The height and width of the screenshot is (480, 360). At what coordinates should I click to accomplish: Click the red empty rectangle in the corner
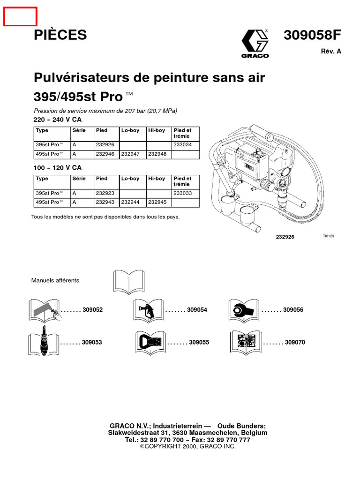(21, 17)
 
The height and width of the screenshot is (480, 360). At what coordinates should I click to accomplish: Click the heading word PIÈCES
(60, 35)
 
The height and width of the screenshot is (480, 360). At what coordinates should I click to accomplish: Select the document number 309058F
(312, 36)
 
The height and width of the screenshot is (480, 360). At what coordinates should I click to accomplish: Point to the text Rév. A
(331, 52)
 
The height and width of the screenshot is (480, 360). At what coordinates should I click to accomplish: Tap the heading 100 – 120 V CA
(58, 168)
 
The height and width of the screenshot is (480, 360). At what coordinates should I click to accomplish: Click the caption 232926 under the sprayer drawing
(285, 237)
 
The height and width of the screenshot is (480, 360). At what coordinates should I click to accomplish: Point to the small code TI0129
(328, 236)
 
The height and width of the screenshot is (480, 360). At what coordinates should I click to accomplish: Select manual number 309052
(92, 310)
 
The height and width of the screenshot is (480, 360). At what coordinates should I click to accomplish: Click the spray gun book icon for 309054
(149, 310)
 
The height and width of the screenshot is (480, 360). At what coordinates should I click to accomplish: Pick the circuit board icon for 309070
(245, 342)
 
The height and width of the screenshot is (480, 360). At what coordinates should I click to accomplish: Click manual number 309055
(199, 343)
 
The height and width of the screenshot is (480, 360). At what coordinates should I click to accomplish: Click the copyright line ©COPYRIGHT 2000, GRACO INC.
(187, 447)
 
